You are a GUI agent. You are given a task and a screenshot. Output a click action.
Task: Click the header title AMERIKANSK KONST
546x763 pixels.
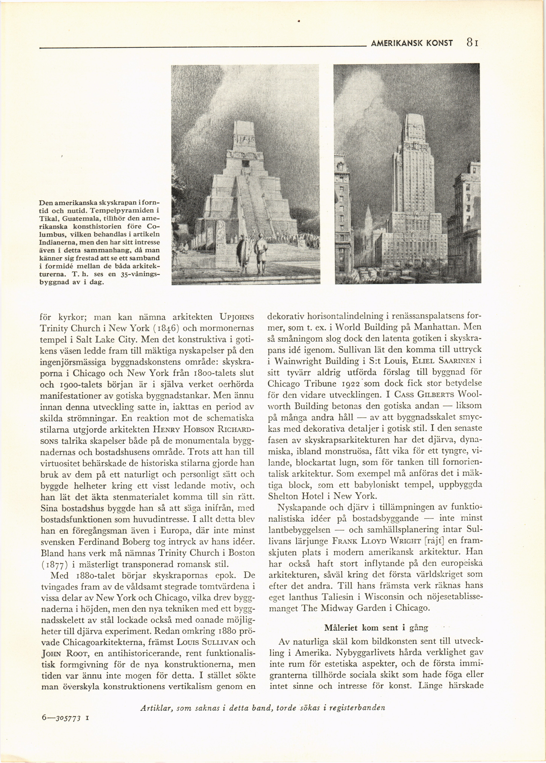pyautogui.click(x=411, y=43)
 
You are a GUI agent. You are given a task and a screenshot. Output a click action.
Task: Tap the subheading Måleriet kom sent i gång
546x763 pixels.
pyautogui.click(x=376, y=627)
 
